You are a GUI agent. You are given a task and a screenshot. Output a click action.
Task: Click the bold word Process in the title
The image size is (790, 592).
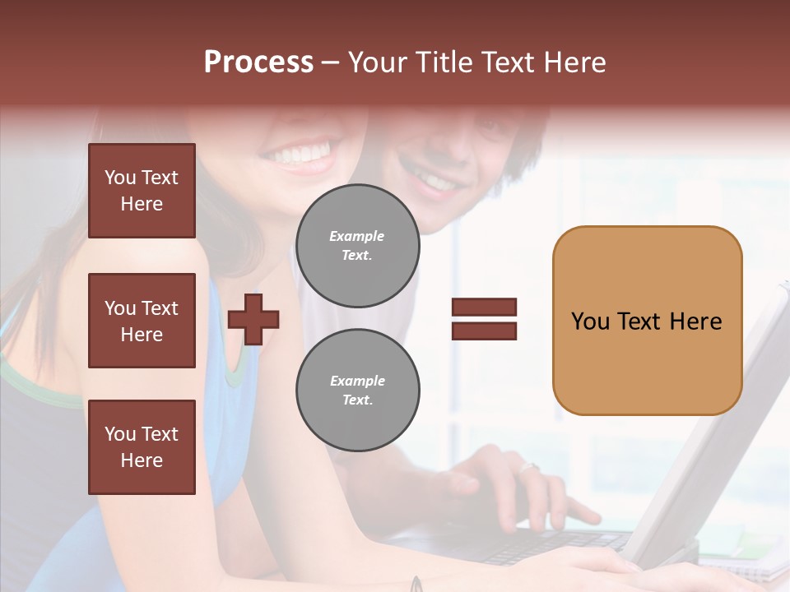pos(258,62)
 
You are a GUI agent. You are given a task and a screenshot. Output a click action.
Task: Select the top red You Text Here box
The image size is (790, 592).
pos(142,191)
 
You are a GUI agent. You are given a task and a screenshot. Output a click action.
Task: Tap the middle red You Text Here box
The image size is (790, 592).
pos(142,321)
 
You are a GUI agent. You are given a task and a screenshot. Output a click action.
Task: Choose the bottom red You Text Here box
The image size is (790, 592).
pos(142,446)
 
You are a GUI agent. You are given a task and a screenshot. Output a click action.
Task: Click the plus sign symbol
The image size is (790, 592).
pos(253,318)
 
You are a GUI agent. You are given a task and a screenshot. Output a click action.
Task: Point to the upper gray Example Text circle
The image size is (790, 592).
pos(357,246)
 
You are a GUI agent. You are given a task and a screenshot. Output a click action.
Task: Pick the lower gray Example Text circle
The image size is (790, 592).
pos(357,391)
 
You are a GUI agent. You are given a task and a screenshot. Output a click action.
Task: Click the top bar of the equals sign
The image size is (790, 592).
pos(484,308)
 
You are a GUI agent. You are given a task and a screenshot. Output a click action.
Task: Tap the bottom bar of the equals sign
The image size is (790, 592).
pos(484,331)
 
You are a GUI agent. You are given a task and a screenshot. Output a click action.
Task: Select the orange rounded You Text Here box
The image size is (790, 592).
pos(647,321)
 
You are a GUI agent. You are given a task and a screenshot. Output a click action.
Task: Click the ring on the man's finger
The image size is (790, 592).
pos(528,468)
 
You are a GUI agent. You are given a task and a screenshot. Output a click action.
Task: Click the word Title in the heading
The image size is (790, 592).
pos(444,62)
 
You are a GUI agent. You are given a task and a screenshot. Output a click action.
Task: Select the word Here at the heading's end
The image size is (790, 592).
pos(575,62)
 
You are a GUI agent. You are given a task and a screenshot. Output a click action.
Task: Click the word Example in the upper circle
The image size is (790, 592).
pos(356,236)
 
